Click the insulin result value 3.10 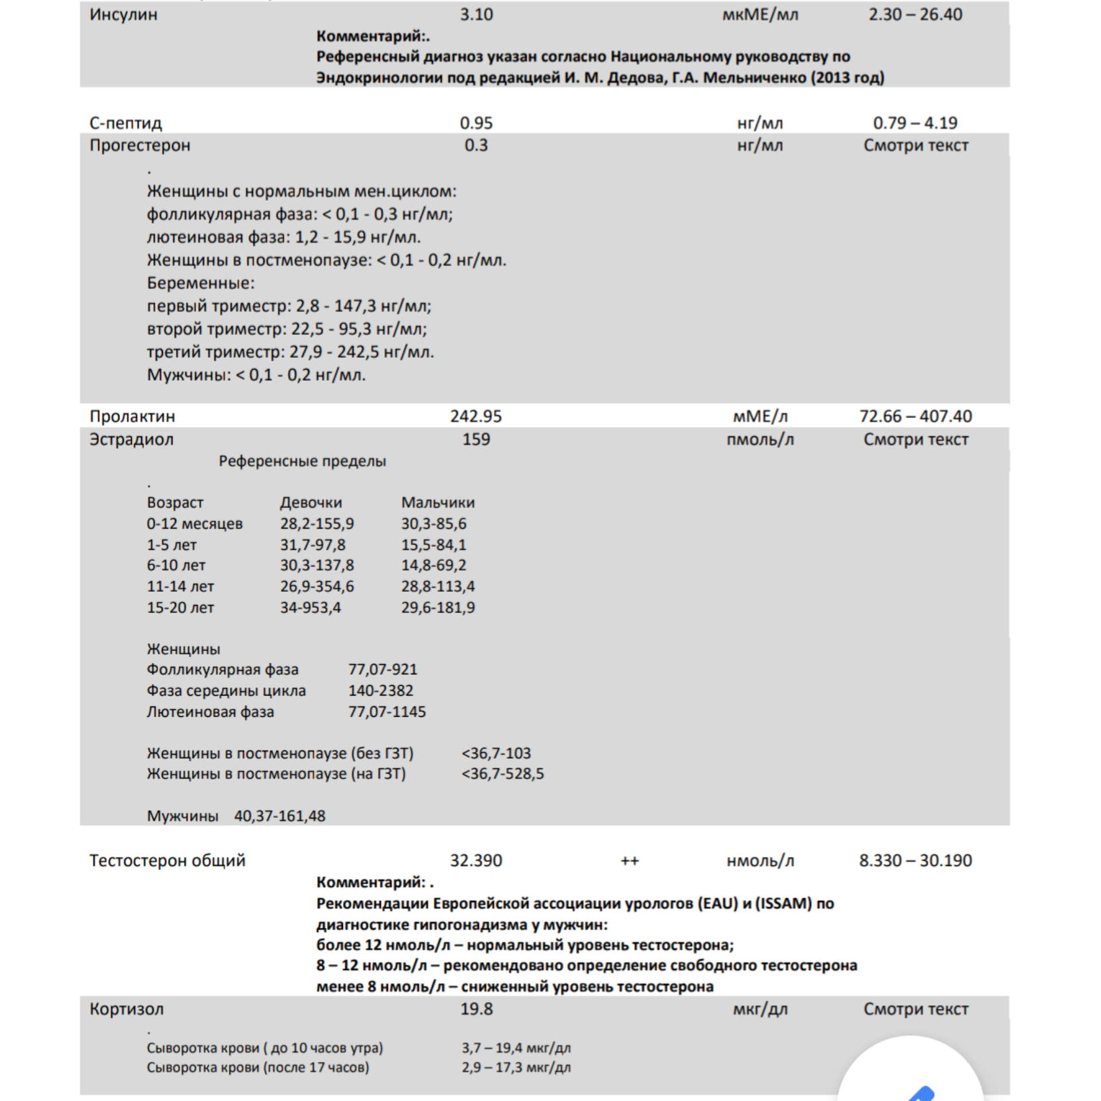pyautogui.click(x=476, y=14)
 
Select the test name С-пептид pyautogui.click(x=126, y=123)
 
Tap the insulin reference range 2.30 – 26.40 pyautogui.click(x=915, y=14)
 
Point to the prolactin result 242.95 pyautogui.click(x=476, y=416)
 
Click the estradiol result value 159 pyautogui.click(x=476, y=439)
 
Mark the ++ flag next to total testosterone pyautogui.click(x=630, y=860)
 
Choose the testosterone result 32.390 pyautogui.click(x=476, y=860)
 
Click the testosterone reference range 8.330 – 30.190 pyautogui.click(x=915, y=860)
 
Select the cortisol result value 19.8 pyautogui.click(x=476, y=1009)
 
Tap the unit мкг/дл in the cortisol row pyautogui.click(x=760, y=1009)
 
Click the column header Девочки pyautogui.click(x=311, y=502)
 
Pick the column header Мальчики pyautogui.click(x=438, y=502)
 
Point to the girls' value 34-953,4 pyautogui.click(x=310, y=607)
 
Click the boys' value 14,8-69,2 pyautogui.click(x=434, y=565)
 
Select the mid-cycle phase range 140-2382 pyautogui.click(x=381, y=690)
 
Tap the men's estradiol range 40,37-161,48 pyautogui.click(x=279, y=815)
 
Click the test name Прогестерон pyautogui.click(x=140, y=145)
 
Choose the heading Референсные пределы pyautogui.click(x=302, y=461)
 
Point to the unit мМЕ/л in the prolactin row pyautogui.click(x=760, y=416)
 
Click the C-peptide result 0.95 pyautogui.click(x=476, y=123)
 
